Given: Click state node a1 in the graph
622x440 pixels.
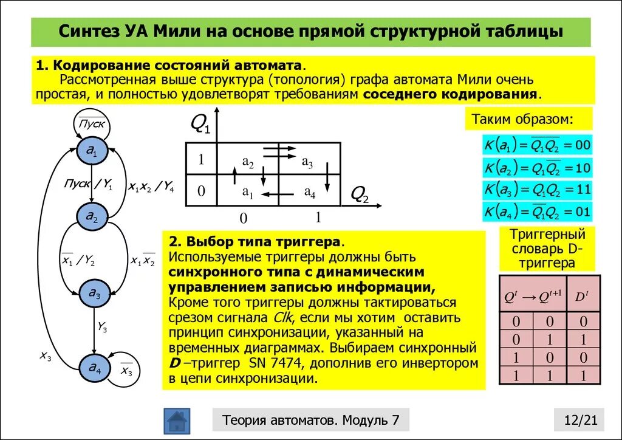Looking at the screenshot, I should [92, 151].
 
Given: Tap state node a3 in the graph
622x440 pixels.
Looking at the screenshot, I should [94, 293].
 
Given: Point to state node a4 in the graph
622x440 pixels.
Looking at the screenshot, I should [95, 367].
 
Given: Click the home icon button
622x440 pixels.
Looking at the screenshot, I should [177, 420].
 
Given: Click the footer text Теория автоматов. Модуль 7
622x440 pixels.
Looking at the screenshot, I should [311, 420].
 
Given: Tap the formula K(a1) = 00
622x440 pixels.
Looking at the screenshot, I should [537, 145].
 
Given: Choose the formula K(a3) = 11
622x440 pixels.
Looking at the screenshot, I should [537, 189].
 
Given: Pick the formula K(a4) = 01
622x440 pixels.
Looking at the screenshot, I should [537, 211].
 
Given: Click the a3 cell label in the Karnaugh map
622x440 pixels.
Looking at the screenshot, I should [307, 163].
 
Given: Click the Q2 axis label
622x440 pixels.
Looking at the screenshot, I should [360, 194].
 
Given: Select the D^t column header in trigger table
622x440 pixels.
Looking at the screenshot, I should [582, 296].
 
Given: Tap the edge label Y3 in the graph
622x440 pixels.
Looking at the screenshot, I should [102, 328].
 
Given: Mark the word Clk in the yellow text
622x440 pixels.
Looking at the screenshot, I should [283, 317].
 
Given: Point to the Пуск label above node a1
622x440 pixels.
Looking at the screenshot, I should [92, 124].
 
